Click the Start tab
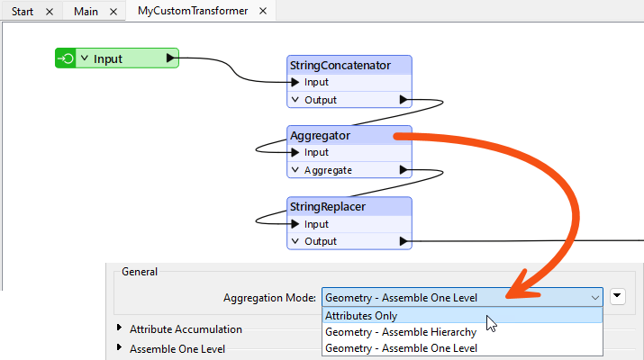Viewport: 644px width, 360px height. tap(24, 11)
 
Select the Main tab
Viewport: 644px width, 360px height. tap(86, 11)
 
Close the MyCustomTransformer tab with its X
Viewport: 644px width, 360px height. tap(262, 11)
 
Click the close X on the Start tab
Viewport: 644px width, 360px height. tap(49, 11)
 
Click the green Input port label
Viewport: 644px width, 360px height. tap(108, 58)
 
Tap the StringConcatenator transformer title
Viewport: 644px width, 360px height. tap(340, 65)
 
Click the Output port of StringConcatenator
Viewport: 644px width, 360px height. tap(321, 100)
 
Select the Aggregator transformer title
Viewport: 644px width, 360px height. tap(320, 135)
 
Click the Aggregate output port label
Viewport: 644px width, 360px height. tap(328, 170)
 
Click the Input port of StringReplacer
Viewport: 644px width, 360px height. tap(316, 224)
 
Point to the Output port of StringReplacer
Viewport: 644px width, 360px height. tap(321, 241)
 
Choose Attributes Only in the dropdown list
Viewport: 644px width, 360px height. tap(361, 316)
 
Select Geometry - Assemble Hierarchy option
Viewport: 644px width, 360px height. tap(401, 332)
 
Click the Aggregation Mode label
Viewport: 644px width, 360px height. tap(269, 298)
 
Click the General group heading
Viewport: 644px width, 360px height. tap(140, 271)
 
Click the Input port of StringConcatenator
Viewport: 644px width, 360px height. tap(316, 82)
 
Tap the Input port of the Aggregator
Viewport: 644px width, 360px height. tap(316, 152)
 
